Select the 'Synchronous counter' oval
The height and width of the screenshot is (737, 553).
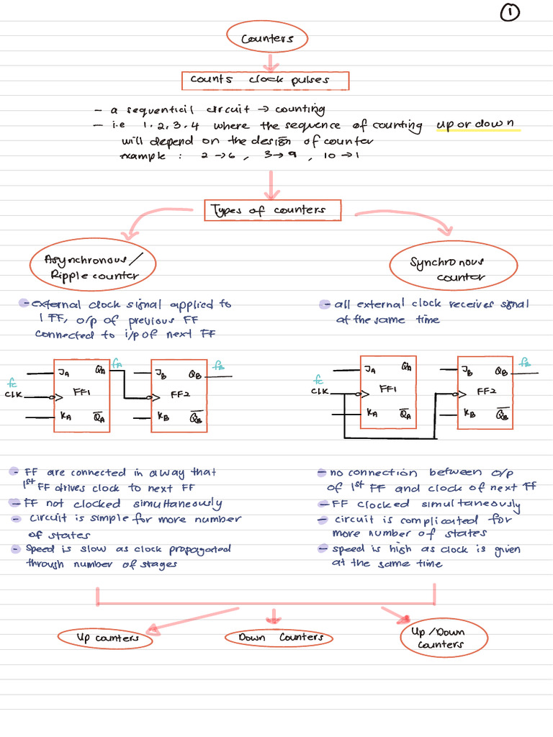(x=448, y=268)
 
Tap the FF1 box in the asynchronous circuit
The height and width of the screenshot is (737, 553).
(x=82, y=395)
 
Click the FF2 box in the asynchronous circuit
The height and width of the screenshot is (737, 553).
(x=179, y=395)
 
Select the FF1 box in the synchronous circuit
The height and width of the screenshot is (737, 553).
(x=388, y=392)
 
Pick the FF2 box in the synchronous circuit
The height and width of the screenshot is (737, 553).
(x=485, y=392)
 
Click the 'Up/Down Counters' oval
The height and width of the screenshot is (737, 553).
(x=444, y=636)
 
